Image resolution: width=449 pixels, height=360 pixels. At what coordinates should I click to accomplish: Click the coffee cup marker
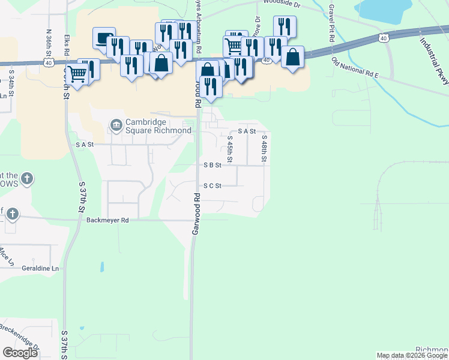click(103, 38)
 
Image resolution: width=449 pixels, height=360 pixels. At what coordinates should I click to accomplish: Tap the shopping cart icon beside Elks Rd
click(77, 74)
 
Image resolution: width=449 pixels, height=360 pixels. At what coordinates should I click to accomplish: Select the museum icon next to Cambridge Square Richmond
click(116, 126)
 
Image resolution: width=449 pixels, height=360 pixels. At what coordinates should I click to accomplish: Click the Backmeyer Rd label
click(108, 220)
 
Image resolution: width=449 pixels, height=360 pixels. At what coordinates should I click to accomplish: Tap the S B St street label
click(212, 165)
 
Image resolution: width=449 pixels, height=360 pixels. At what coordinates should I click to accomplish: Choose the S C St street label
click(212, 186)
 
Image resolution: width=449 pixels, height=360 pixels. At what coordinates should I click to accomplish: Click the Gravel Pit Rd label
click(331, 25)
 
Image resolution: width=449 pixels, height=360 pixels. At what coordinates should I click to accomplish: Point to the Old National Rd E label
click(355, 69)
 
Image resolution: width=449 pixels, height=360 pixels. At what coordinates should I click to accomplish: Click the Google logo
click(20, 353)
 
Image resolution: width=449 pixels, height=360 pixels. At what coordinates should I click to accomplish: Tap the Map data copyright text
click(412, 355)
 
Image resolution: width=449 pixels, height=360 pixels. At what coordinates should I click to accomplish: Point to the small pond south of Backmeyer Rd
click(101, 266)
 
